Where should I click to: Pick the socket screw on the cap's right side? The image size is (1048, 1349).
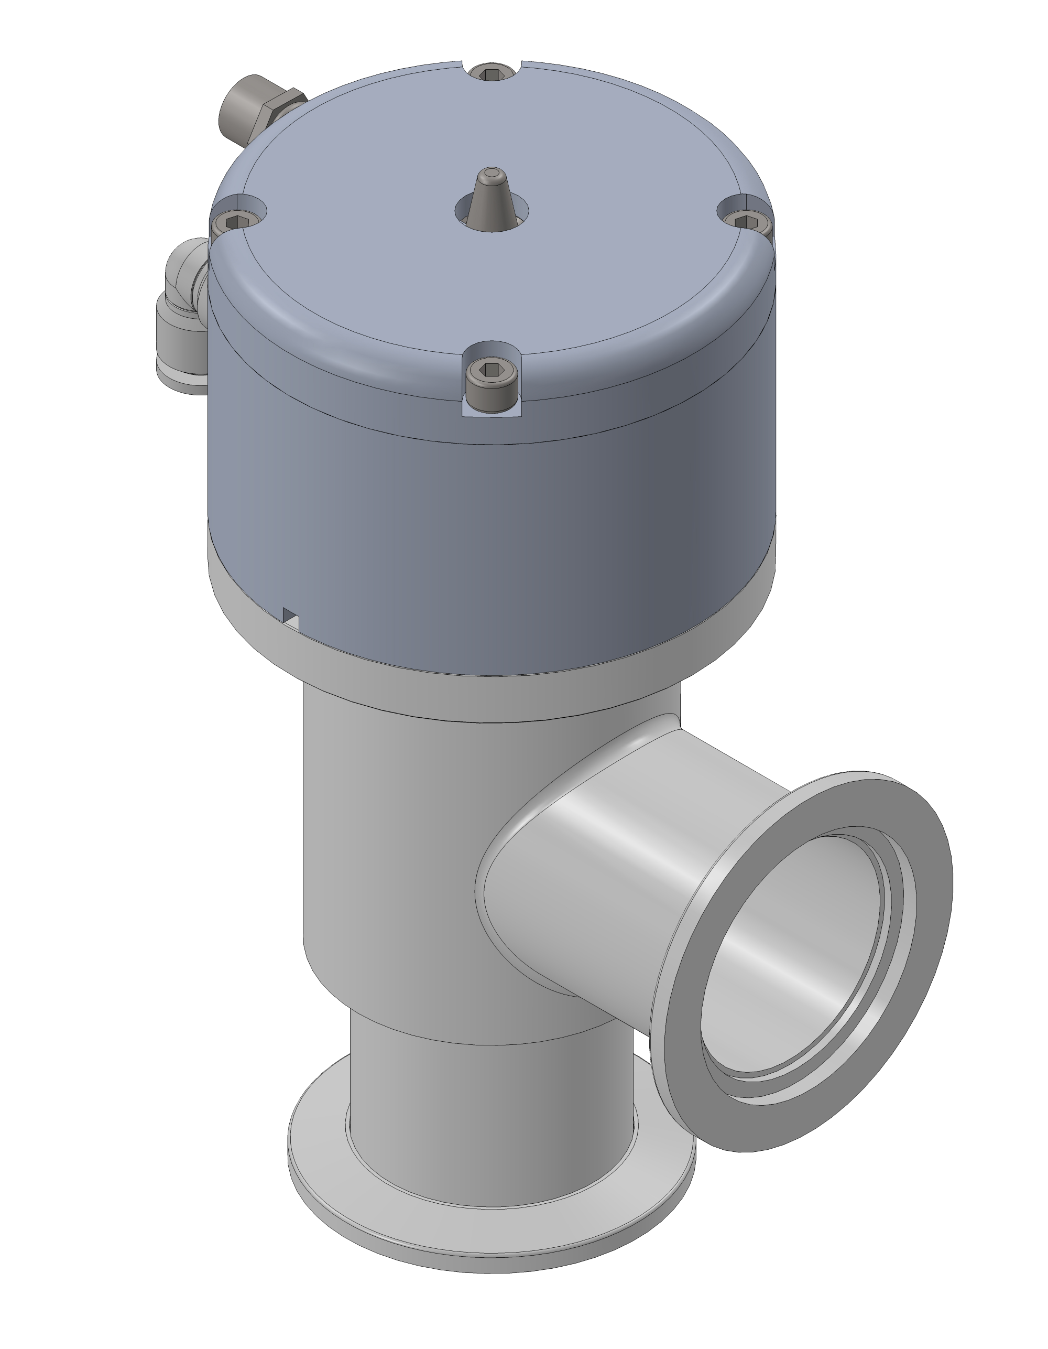click(747, 222)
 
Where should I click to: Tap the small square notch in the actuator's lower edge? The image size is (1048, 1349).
click(291, 618)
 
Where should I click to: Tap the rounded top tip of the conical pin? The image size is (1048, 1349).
click(492, 174)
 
